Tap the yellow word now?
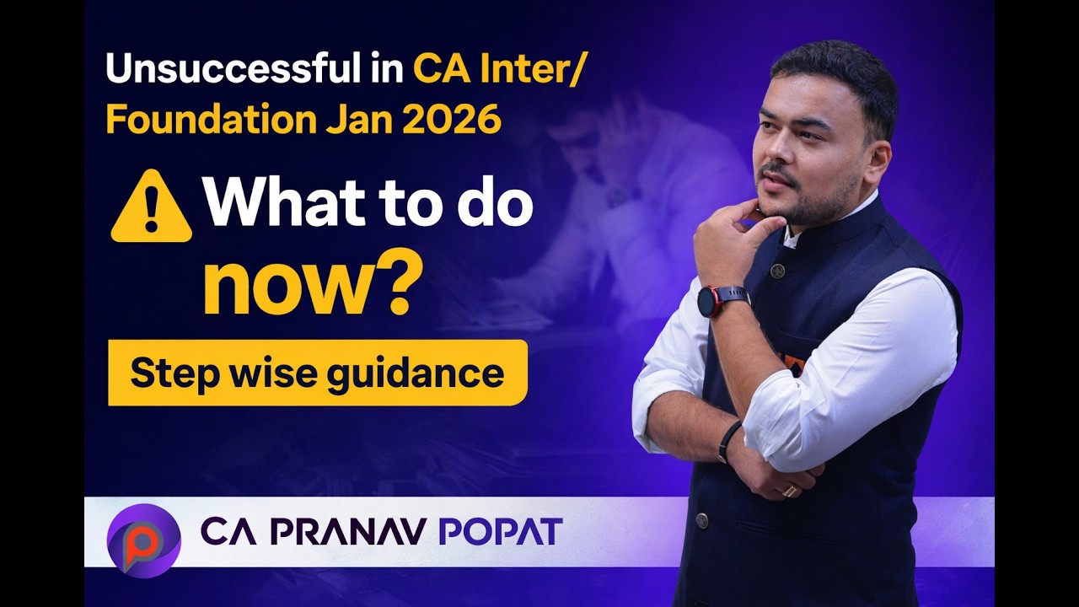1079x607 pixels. pyautogui.click(x=312, y=287)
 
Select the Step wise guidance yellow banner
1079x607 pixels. pyautogui.click(x=317, y=373)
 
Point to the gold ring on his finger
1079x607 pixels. pyautogui.click(x=789, y=490)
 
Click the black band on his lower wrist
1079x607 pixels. pyautogui.click(x=730, y=441)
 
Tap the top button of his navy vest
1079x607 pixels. pyautogui.click(x=777, y=271)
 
